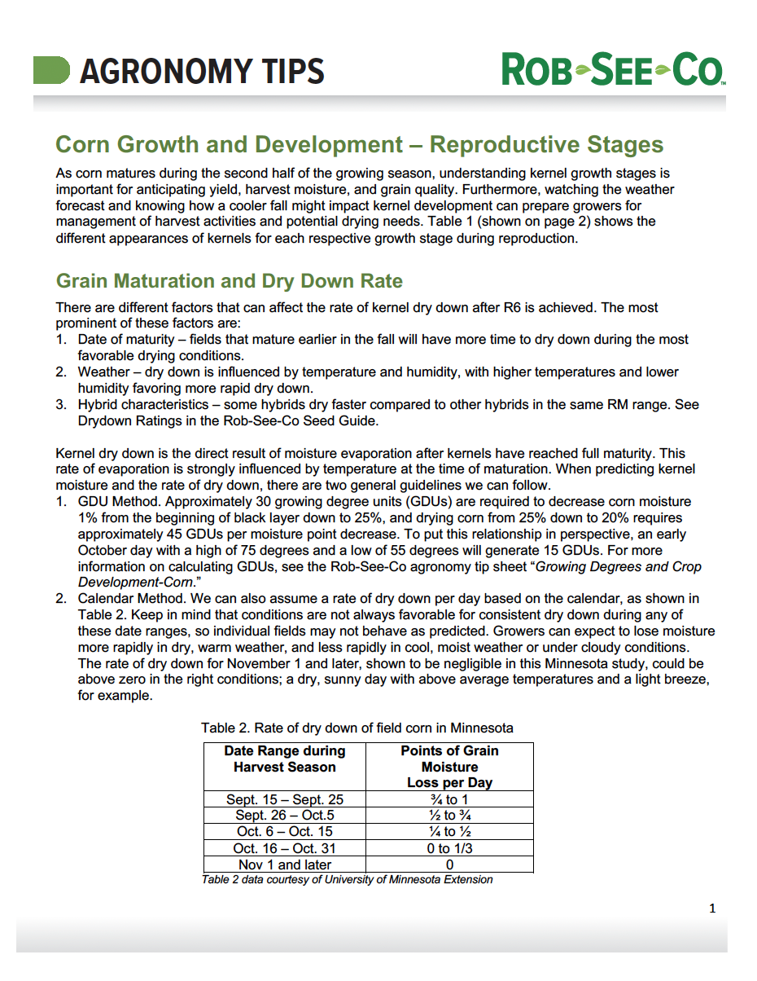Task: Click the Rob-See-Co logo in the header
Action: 612,70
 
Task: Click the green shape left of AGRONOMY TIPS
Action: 50,70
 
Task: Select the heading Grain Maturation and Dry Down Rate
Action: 229,281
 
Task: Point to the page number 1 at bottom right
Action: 712,908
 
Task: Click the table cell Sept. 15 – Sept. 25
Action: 284,799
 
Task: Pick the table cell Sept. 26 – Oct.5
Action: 284,816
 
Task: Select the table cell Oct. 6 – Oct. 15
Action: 284,832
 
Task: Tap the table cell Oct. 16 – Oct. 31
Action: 284,848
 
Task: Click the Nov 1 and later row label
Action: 284,864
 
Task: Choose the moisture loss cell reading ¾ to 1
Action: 449,799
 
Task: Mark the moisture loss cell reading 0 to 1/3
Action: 449,848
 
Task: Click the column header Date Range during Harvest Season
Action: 284,759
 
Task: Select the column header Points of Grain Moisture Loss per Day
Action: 449,767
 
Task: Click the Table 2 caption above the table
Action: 357,728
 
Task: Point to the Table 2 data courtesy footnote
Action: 347,879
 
